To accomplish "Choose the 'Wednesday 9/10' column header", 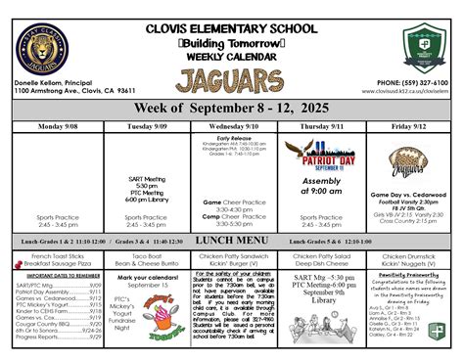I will coord(232,126).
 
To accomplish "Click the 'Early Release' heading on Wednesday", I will coord(232,138).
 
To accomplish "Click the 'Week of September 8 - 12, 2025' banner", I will coord(231,108).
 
